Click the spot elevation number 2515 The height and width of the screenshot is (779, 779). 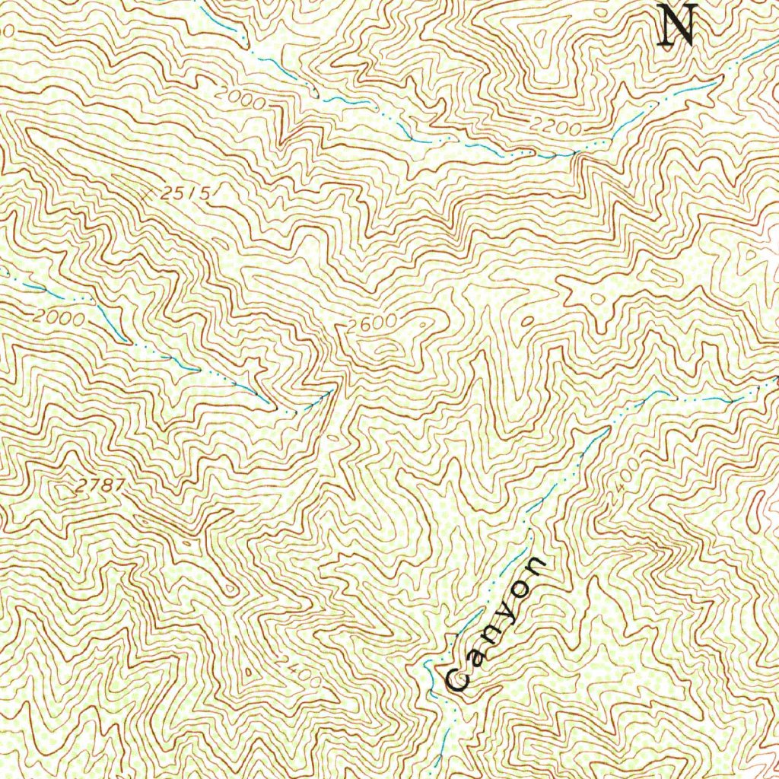click(186, 194)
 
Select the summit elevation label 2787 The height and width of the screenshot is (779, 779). click(97, 485)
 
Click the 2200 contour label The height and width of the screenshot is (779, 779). click(556, 127)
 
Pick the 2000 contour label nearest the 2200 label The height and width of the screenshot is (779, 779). click(240, 99)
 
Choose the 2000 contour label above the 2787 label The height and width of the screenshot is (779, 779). click(59, 318)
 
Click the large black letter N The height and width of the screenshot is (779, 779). click(676, 26)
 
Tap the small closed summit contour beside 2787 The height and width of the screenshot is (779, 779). click(59, 487)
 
